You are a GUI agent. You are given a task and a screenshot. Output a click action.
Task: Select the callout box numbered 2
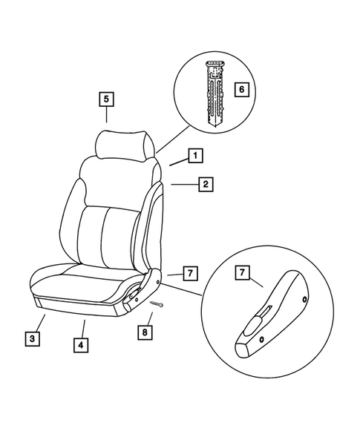click(205, 183)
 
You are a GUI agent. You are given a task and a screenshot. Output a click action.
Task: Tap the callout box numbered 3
click(30, 339)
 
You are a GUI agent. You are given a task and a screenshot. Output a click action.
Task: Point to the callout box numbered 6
click(240, 90)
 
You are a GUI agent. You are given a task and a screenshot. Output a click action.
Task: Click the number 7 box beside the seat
click(190, 274)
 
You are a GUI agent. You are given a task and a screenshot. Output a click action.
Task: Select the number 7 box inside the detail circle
click(241, 274)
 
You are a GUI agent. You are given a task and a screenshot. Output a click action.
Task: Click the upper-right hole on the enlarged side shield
click(304, 299)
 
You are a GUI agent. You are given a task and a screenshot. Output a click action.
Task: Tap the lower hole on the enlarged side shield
click(262, 339)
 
